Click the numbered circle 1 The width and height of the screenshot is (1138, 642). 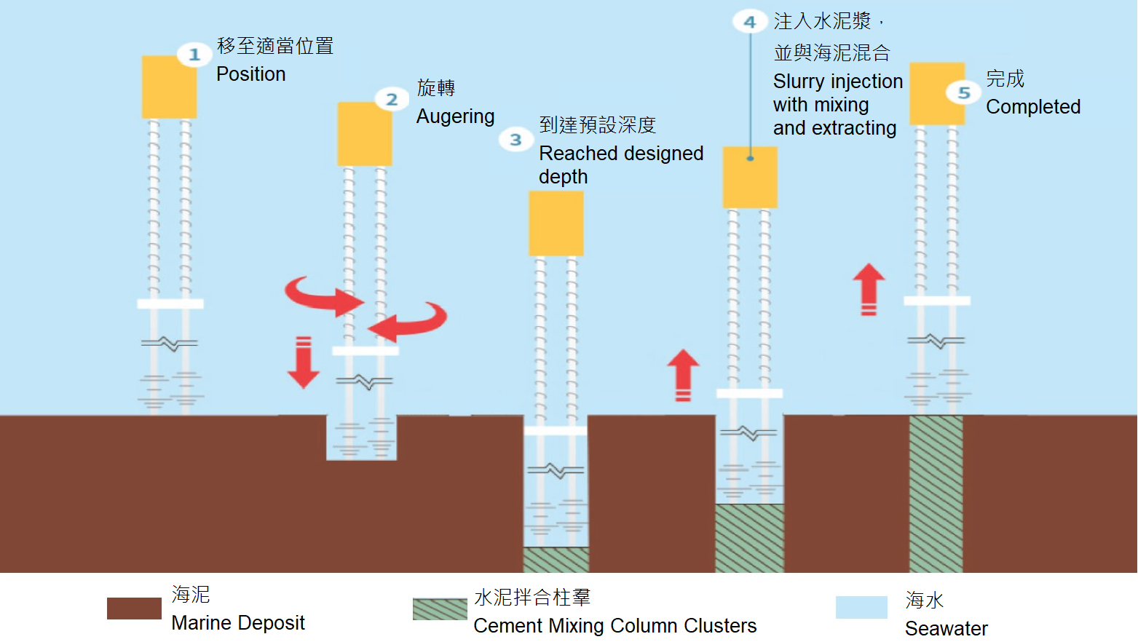pos(194,55)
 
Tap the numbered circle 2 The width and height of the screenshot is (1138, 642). pos(392,99)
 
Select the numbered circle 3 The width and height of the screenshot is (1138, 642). pos(515,139)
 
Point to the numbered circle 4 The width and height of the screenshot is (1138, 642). pos(750,22)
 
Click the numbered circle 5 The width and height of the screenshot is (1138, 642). pos(964,92)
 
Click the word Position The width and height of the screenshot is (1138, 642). pos(250,74)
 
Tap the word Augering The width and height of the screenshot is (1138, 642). pos(455,116)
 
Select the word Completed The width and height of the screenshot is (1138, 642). pos(1032,107)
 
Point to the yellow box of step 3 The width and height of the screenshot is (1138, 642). pos(556,223)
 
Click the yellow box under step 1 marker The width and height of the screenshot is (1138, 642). pos(168,87)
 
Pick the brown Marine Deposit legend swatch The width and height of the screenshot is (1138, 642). pos(134,609)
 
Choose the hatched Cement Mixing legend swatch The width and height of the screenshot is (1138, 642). pos(440,609)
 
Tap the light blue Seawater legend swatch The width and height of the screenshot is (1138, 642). pos(861,607)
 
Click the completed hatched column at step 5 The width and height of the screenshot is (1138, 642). pos(936,494)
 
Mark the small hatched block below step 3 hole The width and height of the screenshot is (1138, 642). pos(556,560)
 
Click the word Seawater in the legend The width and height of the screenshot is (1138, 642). pos(946,628)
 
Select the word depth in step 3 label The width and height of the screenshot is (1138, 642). pos(563,177)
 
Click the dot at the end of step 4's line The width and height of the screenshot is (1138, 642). pos(750,158)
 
